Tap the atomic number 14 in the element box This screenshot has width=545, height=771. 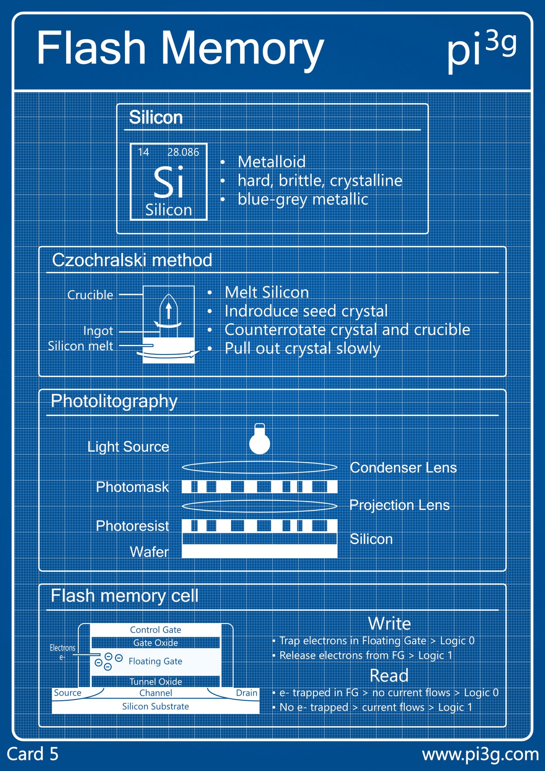click(x=143, y=152)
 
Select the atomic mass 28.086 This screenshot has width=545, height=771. click(x=183, y=152)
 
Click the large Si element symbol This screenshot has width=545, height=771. click(x=169, y=182)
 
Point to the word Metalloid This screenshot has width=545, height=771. click(x=271, y=162)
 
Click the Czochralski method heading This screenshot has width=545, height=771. click(x=132, y=260)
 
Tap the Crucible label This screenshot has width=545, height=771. click(x=90, y=295)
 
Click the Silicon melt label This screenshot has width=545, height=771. click(x=80, y=346)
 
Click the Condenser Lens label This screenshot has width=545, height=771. click(x=403, y=468)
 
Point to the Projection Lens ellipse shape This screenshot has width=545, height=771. click(x=260, y=506)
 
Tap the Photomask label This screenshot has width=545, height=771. click(x=132, y=487)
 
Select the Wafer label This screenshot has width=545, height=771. click(x=149, y=552)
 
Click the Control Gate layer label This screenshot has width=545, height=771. click(x=155, y=630)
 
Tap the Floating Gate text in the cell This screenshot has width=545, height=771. click(x=155, y=661)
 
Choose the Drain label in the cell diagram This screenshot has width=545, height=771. click(x=247, y=693)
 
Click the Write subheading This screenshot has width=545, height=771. click(x=389, y=623)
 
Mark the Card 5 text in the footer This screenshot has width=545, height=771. click(x=33, y=754)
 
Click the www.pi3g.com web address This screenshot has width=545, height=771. click(x=480, y=754)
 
